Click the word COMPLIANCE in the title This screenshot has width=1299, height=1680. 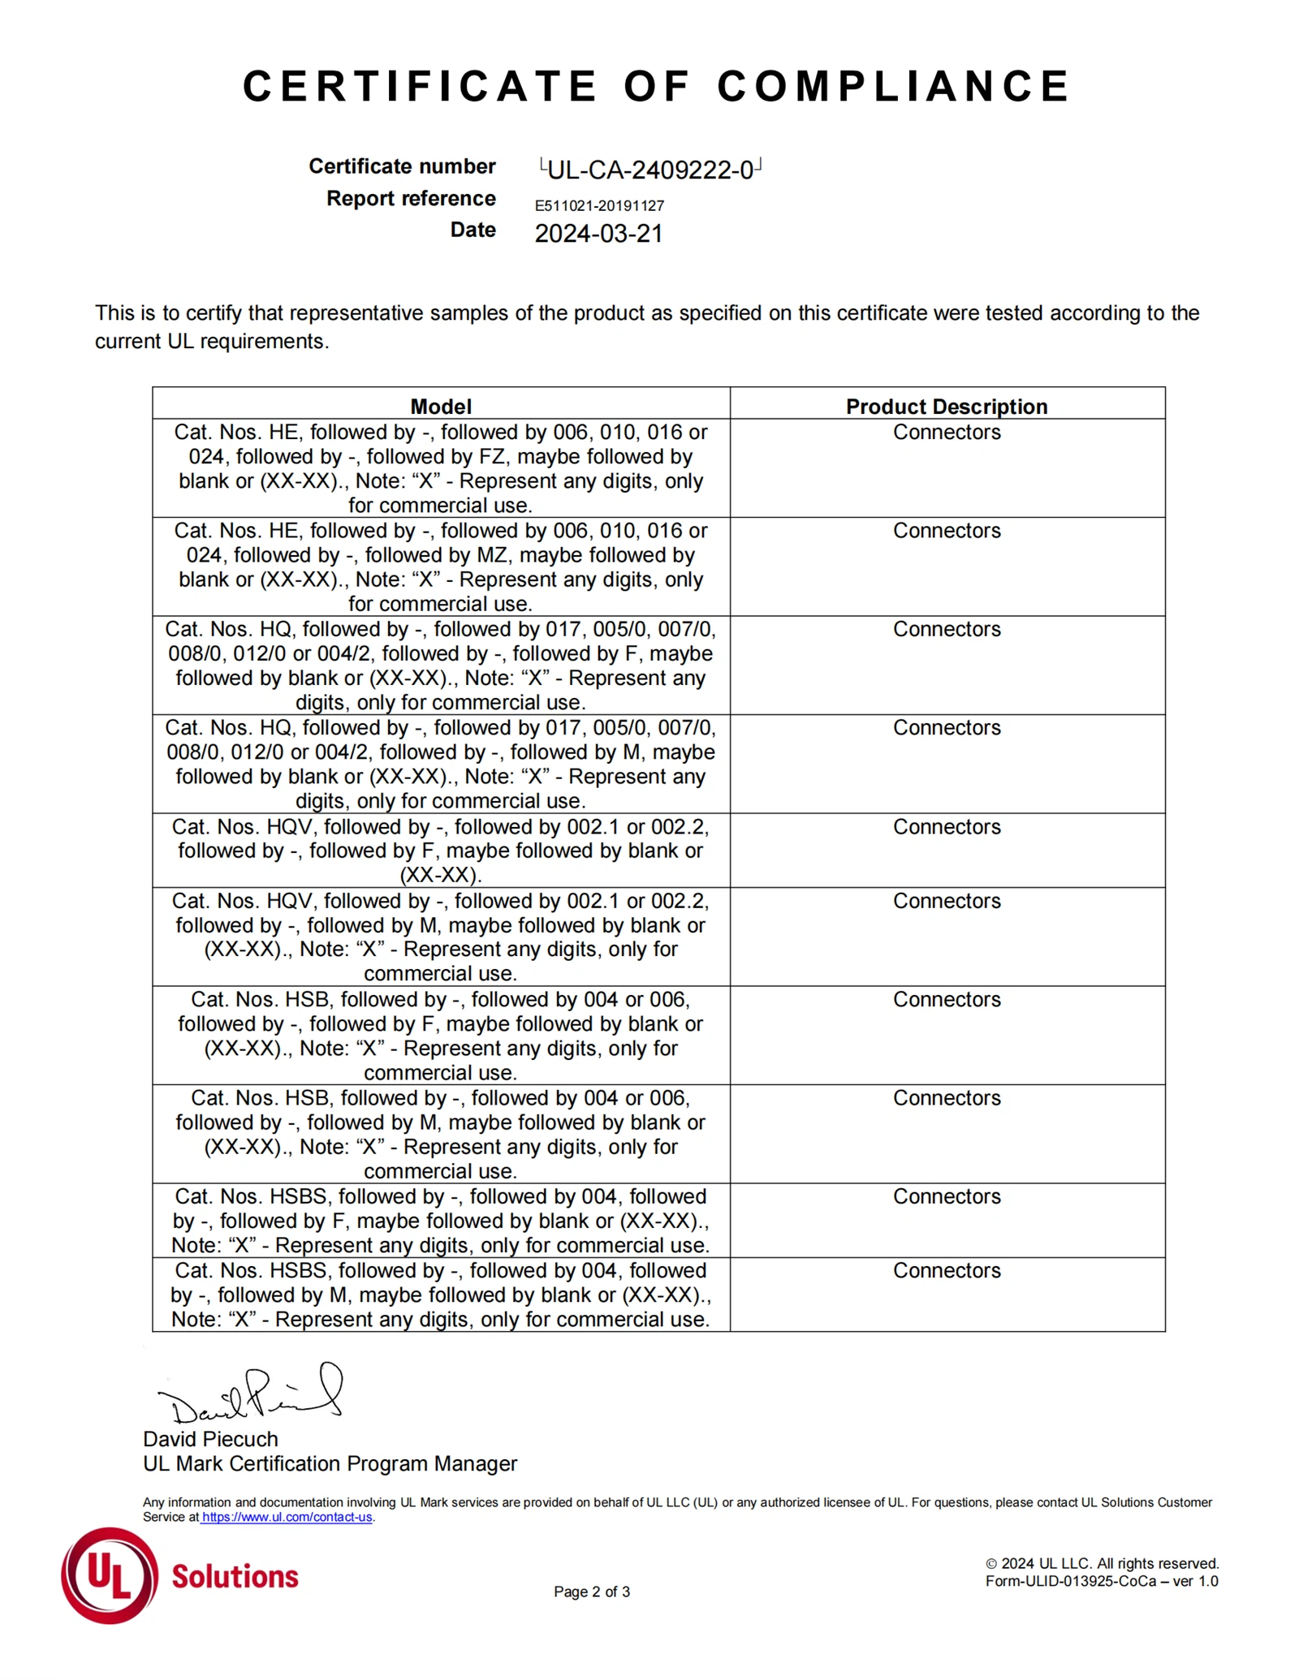pyautogui.click(x=893, y=86)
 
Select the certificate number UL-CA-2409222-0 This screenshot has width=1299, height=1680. pyautogui.click(x=650, y=170)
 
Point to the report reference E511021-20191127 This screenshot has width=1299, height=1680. pyautogui.click(x=599, y=206)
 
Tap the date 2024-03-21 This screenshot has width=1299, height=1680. pyautogui.click(x=598, y=234)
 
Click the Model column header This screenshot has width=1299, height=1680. pyautogui.click(x=441, y=407)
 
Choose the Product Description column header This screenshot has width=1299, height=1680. pyautogui.click(x=947, y=407)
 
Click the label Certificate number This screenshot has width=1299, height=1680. pyautogui.click(x=402, y=166)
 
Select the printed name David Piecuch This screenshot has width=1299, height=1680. pyautogui.click(x=210, y=1439)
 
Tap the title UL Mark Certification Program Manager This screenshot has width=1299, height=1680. pyautogui.click(x=330, y=1463)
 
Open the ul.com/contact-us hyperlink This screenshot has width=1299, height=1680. pyautogui.click(x=287, y=1517)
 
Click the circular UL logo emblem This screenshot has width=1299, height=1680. pyautogui.click(x=110, y=1575)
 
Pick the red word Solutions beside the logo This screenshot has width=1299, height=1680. pyautogui.click(x=235, y=1576)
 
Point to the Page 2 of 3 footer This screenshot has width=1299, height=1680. pyautogui.click(x=592, y=1592)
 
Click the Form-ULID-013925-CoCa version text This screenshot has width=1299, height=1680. pyautogui.click(x=1102, y=1581)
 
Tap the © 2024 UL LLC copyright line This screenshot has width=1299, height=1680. pyautogui.click(x=1102, y=1563)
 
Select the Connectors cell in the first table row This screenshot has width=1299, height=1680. pyautogui.click(x=947, y=433)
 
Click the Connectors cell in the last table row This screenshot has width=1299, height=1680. pyautogui.click(x=947, y=1271)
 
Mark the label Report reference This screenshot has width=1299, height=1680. pyautogui.click(x=411, y=199)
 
